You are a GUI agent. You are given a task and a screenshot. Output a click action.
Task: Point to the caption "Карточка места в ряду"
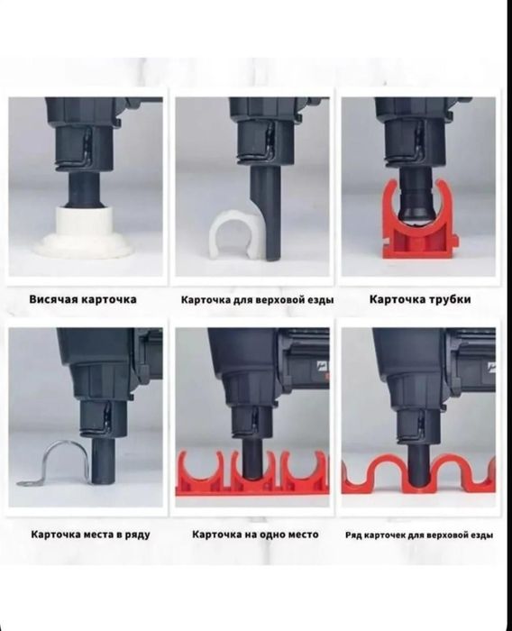coord(90,535)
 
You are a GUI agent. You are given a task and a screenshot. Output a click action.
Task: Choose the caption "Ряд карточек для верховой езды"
coord(419,535)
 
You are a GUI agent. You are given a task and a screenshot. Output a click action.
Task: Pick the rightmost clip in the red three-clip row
coord(305,474)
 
